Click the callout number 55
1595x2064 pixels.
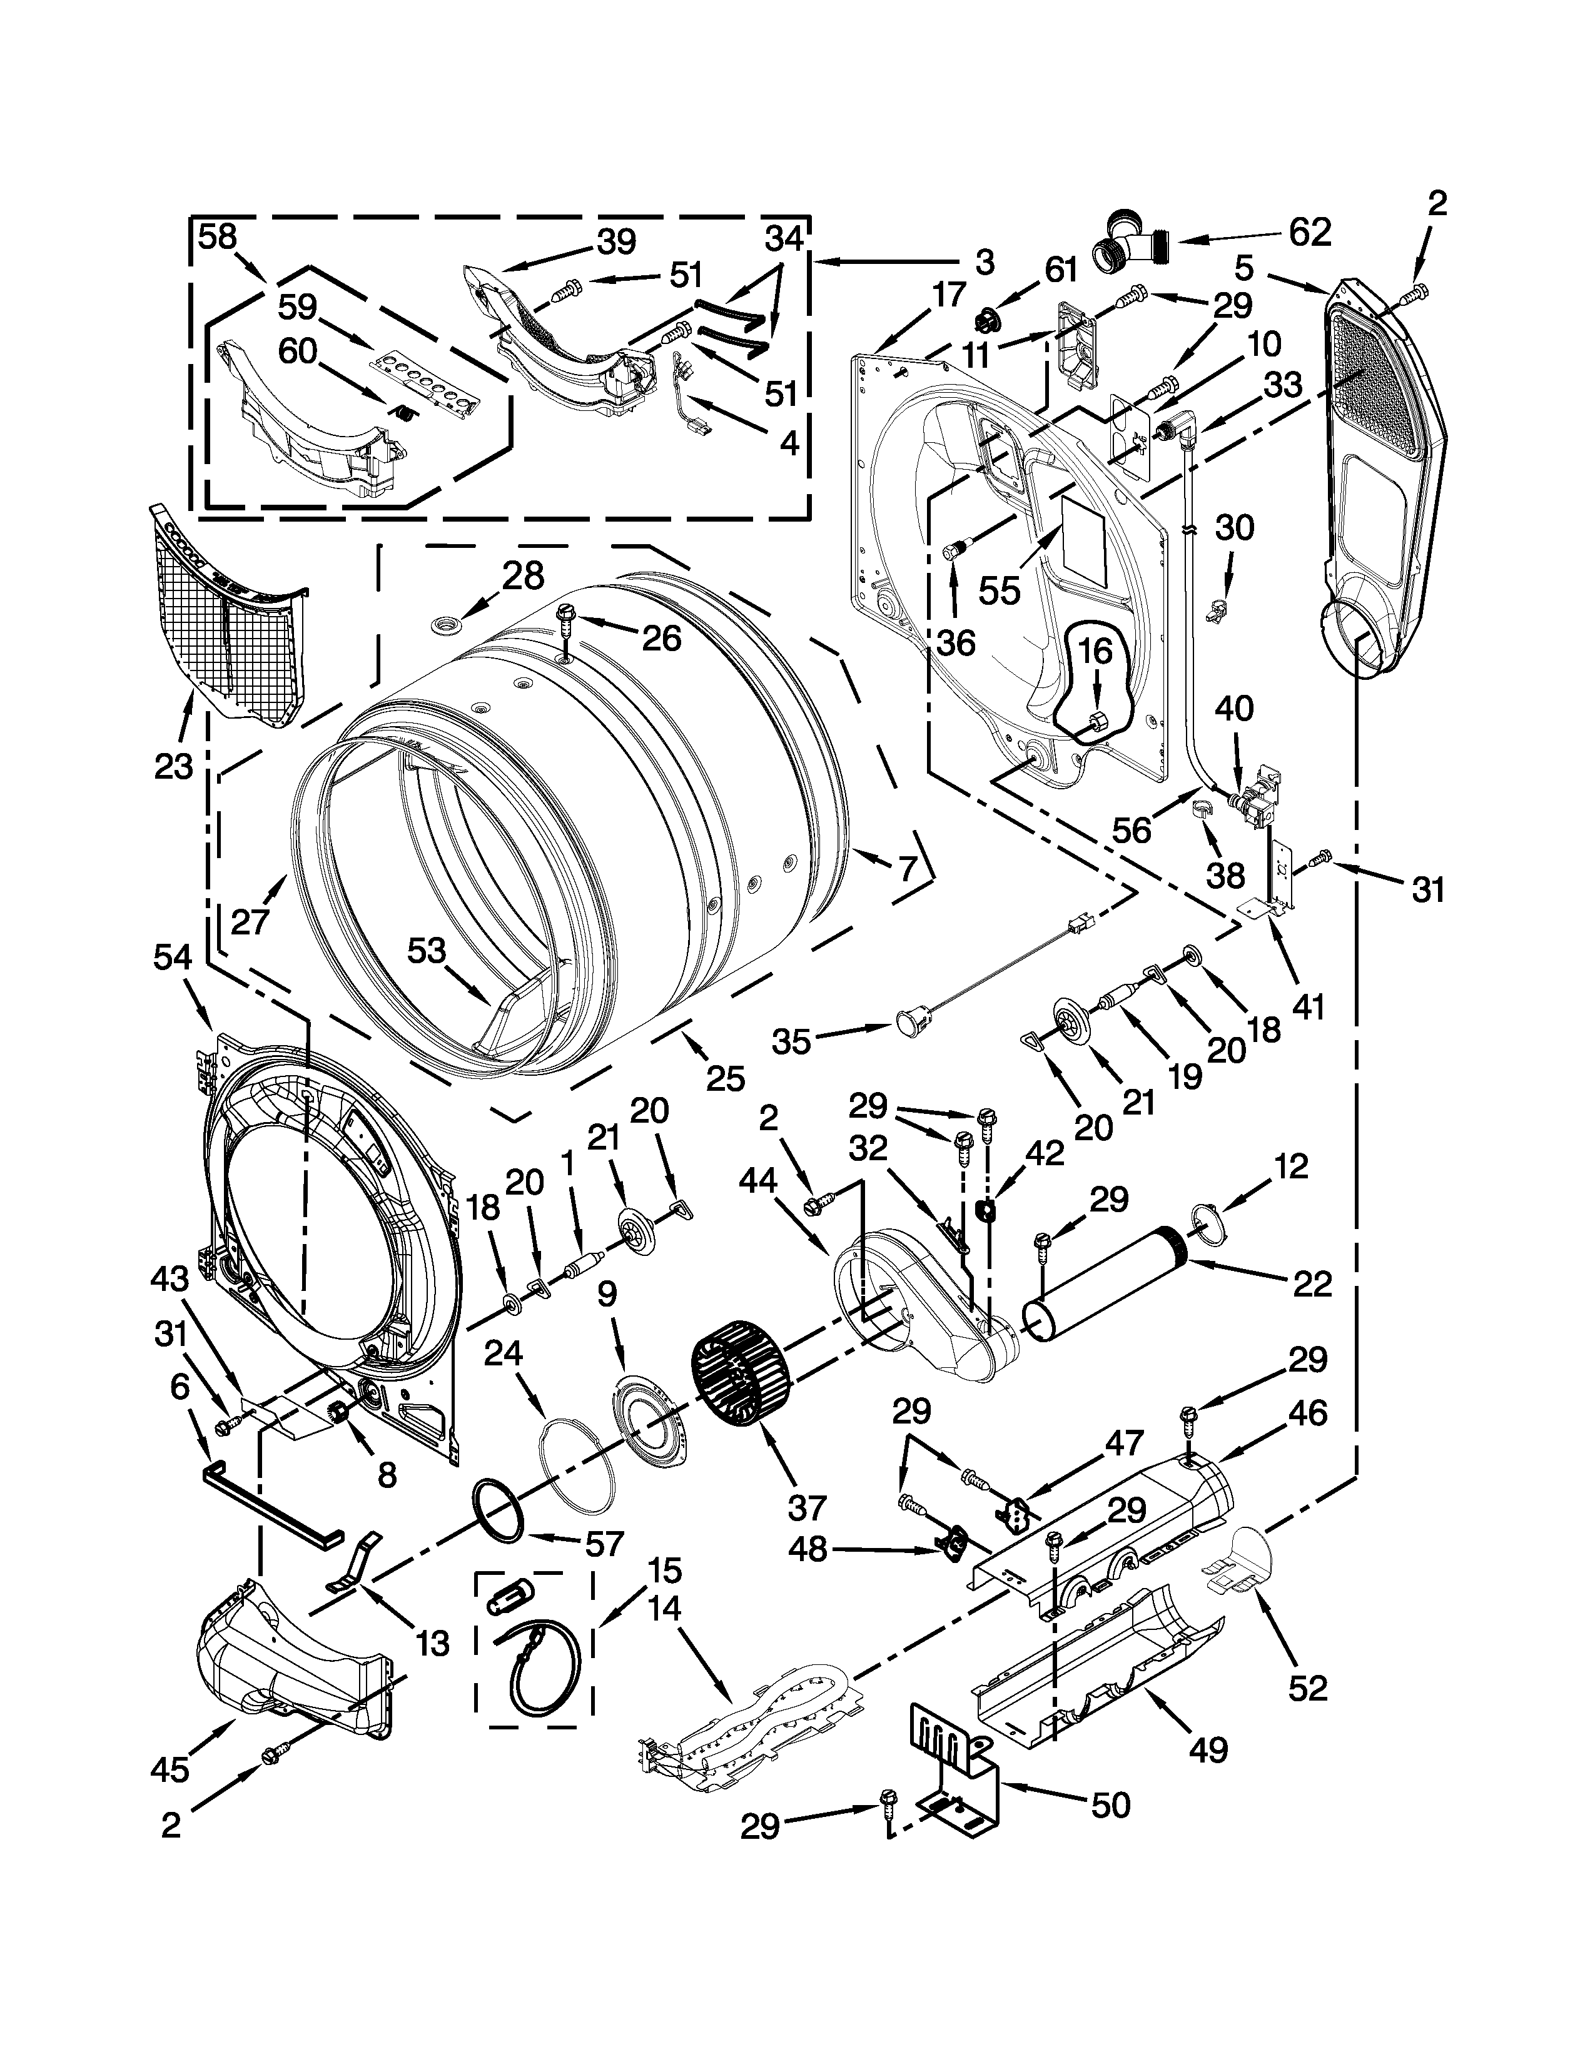pyautogui.click(x=999, y=592)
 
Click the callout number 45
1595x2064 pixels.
pyautogui.click(x=170, y=1769)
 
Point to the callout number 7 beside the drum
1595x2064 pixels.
pyautogui.click(x=907, y=868)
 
